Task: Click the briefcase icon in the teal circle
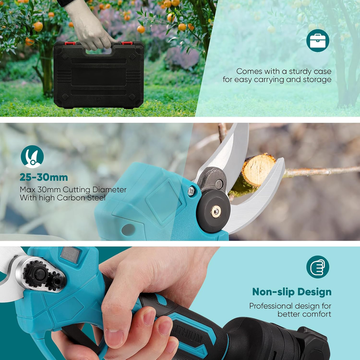(317, 40)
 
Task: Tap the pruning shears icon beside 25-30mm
(32, 156)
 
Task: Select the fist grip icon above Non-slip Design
(317, 267)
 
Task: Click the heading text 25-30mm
(44, 178)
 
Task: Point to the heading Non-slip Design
(291, 292)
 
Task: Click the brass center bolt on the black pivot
(216, 211)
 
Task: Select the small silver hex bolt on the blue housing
(191, 191)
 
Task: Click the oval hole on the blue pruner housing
(128, 230)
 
